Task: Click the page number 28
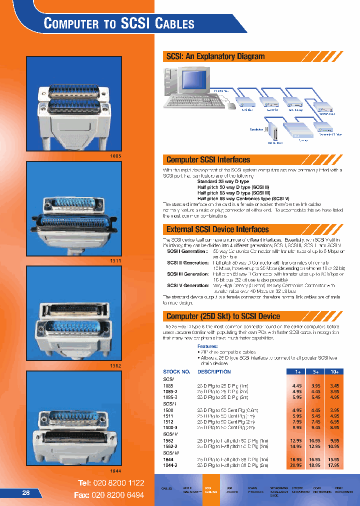coord(26,492)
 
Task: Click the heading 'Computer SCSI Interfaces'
coord(208,160)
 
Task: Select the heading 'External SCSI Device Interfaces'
coord(217,229)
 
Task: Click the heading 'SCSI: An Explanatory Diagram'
coord(215,56)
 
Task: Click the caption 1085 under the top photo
coord(115,156)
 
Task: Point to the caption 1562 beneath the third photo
coord(115,366)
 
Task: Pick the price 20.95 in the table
coord(296,465)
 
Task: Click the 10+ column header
coord(334,372)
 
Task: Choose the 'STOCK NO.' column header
coord(176,372)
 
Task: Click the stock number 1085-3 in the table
coord(170,397)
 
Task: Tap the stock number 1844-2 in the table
coord(170,465)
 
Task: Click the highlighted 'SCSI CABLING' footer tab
coord(211,489)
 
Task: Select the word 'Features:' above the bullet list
coord(207,346)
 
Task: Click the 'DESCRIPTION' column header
coord(214,372)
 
